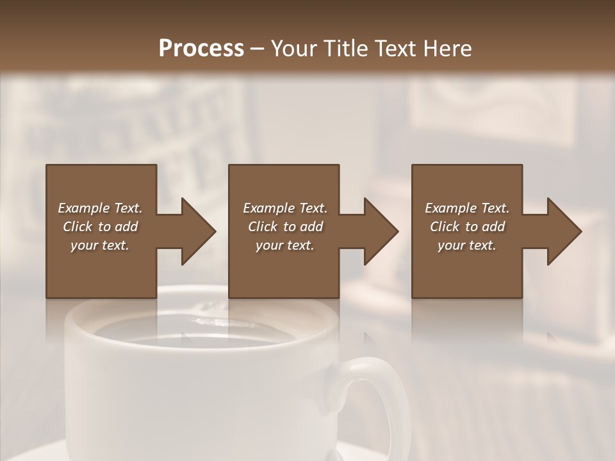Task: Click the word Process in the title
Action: [201, 49]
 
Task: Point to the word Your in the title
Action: [294, 49]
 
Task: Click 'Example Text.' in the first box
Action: [100, 208]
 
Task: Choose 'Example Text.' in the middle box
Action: [285, 208]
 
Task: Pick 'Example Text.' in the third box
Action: [467, 208]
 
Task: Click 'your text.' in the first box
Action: [100, 245]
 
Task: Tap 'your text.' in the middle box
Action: [285, 245]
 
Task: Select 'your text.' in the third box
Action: [467, 245]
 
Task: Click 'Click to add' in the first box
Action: [100, 227]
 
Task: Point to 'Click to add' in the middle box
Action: [285, 227]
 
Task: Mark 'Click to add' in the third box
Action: [467, 227]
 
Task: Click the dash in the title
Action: [258, 49]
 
